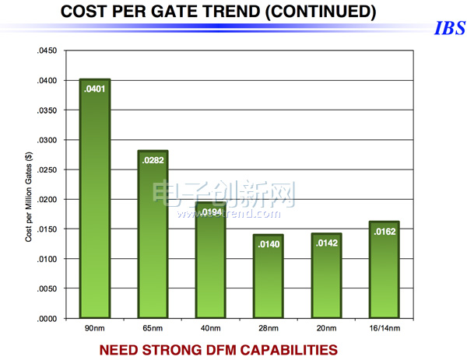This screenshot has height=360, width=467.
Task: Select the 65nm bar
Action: tap(153, 234)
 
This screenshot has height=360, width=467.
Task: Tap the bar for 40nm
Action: tap(211, 260)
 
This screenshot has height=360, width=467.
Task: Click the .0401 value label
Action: tap(94, 89)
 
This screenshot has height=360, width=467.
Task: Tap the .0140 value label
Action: tap(269, 243)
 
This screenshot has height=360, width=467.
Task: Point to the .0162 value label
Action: tap(384, 231)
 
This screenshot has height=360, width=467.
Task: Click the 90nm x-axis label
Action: tap(94, 329)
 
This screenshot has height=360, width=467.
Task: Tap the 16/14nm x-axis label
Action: tap(384, 329)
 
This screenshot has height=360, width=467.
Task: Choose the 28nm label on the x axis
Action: tap(269, 329)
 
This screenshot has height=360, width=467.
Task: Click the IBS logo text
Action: tap(448, 30)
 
